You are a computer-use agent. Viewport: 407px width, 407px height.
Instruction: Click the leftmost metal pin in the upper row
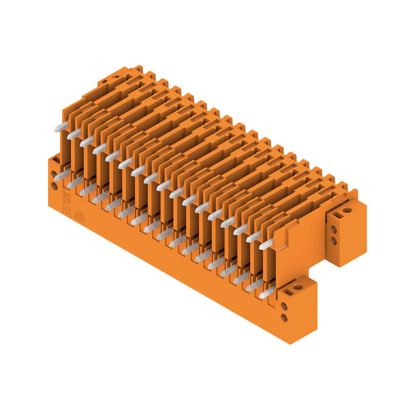point(61,127)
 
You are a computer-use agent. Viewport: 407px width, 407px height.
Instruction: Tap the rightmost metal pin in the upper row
point(266,244)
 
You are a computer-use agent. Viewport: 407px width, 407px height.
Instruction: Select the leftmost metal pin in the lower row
point(62,175)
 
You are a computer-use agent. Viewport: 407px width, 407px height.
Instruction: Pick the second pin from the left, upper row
point(74,134)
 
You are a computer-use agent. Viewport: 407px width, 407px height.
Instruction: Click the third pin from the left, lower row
point(88,190)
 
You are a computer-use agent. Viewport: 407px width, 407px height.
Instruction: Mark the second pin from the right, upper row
point(253,237)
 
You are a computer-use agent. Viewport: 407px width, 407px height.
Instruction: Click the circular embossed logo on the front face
point(79,215)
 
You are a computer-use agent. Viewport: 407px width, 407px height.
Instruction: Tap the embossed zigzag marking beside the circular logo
point(67,209)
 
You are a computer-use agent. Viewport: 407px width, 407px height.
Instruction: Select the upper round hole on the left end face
point(54,175)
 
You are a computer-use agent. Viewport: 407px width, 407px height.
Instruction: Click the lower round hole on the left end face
point(54,186)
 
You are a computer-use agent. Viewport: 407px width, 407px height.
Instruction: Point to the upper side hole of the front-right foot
point(284,306)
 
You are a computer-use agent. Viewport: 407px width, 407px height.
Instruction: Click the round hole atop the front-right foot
point(297,287)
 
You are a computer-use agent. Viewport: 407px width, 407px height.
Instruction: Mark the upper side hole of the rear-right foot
point(334,229)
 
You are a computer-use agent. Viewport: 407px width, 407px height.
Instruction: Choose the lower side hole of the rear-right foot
point(334,240)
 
